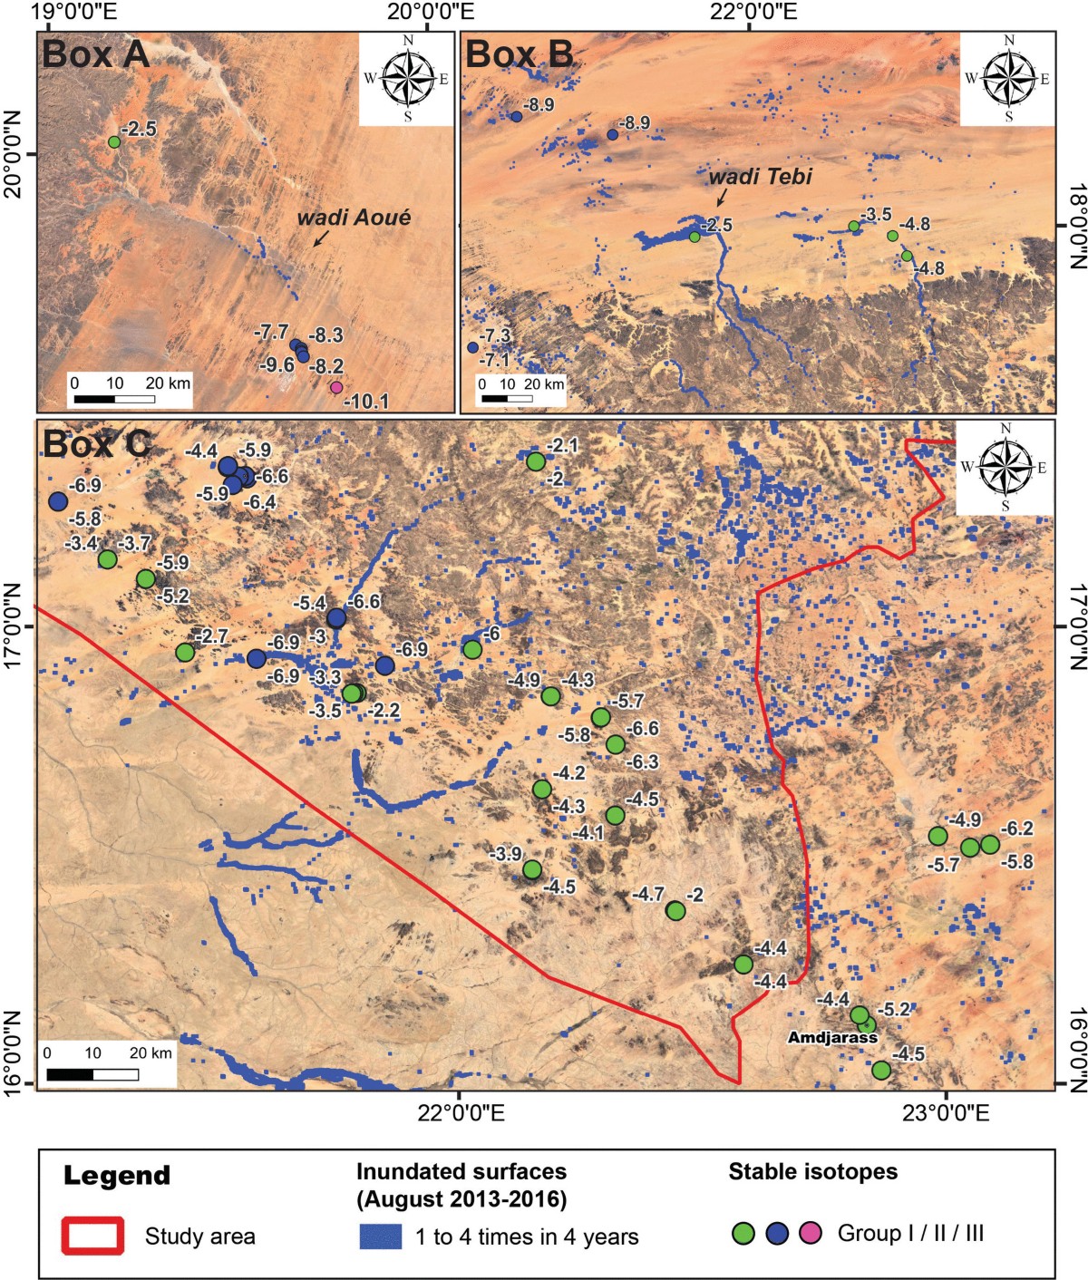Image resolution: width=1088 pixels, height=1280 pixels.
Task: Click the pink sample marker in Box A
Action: tap(336, 387)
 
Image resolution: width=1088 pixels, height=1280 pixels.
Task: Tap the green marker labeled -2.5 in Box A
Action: tap(114, 142)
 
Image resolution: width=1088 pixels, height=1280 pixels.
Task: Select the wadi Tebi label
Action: tap(760, 178)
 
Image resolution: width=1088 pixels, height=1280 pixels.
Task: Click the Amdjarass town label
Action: tap(831, 1037)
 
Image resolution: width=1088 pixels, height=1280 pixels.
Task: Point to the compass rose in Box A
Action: tap(407, 78)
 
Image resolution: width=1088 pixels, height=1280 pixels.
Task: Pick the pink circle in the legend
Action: tap(811, 1233)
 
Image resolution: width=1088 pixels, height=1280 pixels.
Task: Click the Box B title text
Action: tap(519, 55)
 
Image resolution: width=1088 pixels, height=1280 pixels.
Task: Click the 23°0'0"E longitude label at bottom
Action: tap(946, 1114)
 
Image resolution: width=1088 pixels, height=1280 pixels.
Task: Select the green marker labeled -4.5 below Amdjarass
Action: tap(880, 1071)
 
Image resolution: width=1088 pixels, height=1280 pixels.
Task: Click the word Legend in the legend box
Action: tap(117, 1176)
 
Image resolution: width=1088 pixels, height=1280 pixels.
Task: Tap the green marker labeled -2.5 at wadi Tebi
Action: tap(695, 237)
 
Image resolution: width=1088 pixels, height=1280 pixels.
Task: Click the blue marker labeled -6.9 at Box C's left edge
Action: tap(59, 501)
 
